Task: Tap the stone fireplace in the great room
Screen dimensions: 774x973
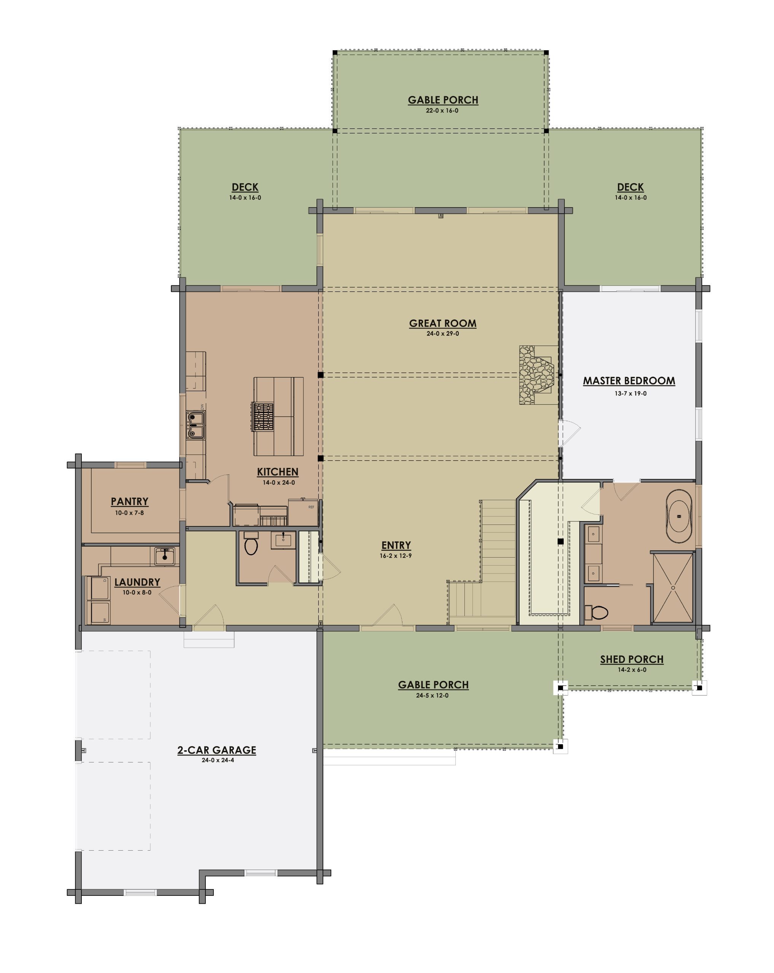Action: pos(537,375)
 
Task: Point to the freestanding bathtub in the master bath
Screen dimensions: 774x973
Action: pos(679,516)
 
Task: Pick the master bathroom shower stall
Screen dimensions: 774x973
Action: pos(672,587)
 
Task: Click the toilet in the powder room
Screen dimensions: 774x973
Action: pos(250,544)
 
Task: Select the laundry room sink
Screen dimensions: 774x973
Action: pos(164,556)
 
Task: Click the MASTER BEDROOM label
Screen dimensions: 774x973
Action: pos(629,381)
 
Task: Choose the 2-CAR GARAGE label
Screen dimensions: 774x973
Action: pos(216,750)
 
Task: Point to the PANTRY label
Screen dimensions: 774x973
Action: pos(130,501)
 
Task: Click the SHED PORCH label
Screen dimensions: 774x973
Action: pos(631,659)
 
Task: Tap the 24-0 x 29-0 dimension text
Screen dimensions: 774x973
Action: pos(443,333)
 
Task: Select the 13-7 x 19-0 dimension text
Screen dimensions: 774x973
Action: pos(630,393)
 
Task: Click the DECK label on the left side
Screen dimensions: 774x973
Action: pos(245,187)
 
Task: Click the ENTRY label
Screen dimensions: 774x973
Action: pos(396,545)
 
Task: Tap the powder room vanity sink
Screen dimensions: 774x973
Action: pos(283,540)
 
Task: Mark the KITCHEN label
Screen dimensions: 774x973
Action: pos(277,472)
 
